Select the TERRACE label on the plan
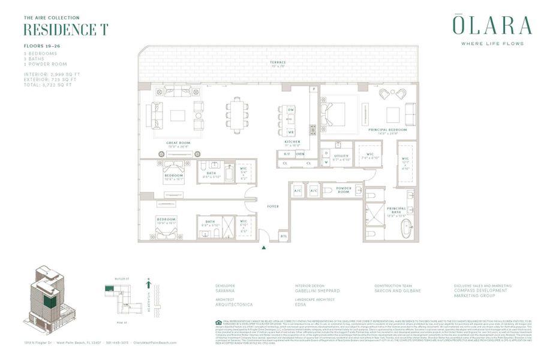(x=277, y=62)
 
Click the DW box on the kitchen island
(x=290, y=110)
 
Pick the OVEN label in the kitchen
(x=300, y=154)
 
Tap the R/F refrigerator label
(x=287, y=154)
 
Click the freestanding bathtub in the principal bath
(x=407, y=230)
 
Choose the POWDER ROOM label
(x=344, y=190)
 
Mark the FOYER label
(x=273, y=206)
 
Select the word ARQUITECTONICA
(x=233, y=304)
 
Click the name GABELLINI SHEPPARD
(x=318, y=290)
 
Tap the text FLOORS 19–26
(x=41, y=46)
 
